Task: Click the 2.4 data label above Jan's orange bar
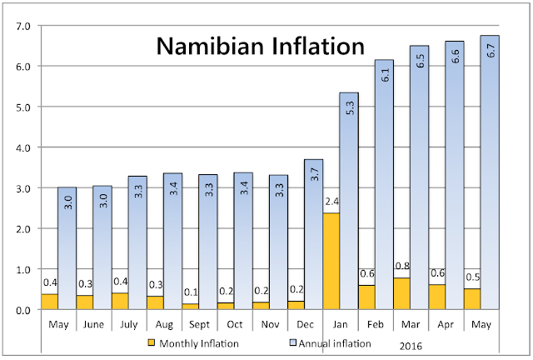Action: tap(331, 201)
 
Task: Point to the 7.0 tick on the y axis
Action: tap(22, 26)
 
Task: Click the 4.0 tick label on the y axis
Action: tap(22, 147)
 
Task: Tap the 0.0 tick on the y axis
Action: tap(22, 310)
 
